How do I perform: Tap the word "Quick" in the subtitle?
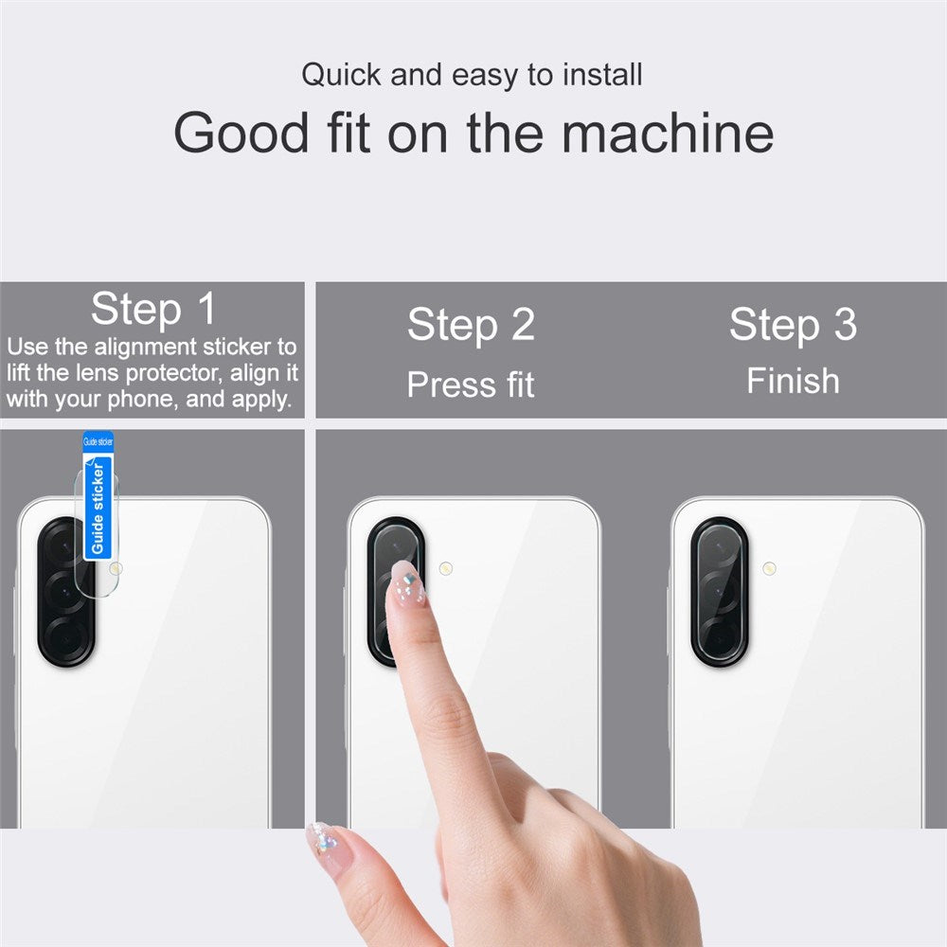click(341, 75)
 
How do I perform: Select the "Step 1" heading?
click(153, 309)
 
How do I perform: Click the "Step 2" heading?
click(471, 325)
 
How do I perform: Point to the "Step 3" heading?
click(793, 325)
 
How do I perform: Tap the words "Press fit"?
click(471, 384)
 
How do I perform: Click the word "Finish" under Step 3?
click(793, 381)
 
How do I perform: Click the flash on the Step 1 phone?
click(116, 568)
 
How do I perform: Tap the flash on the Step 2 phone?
click(446, 569)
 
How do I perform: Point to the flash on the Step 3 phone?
click(769, 569)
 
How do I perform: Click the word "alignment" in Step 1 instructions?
click(146, 348)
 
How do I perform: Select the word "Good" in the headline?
click(241, 133)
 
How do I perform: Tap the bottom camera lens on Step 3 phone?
click(720, 633)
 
